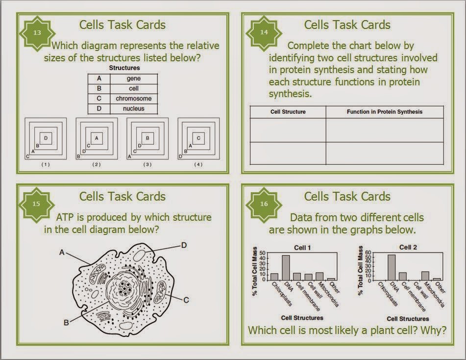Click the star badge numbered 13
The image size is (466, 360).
tap(37, 32)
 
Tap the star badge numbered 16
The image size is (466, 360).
tap(264, 204)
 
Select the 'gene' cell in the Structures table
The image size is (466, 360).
tap(134, 78)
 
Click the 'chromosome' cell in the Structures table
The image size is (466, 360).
tap(134, 99)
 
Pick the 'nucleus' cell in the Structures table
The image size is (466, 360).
tap(134, 108)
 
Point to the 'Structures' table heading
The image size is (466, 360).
tap(124, 68)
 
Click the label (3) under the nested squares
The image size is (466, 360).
tap(147, 164)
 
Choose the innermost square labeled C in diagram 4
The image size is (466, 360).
tap(198, 138)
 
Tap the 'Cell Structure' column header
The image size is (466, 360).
tap(288, 112)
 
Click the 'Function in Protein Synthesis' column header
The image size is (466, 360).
tap(385, 112)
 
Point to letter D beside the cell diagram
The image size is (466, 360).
tap(184, 245)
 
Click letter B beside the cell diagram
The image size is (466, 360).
tap(66, 323)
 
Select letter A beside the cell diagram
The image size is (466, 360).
tap(62, 253)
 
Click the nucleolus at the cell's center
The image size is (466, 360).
tap(124, 288)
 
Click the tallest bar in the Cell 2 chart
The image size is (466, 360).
tap(392, 267)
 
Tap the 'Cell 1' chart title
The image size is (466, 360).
tap(302, 248)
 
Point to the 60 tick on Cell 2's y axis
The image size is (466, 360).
tap(368, 253)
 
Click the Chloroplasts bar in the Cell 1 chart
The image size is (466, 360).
tap(274, 277)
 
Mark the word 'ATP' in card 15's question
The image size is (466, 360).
tap(65, 217)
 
